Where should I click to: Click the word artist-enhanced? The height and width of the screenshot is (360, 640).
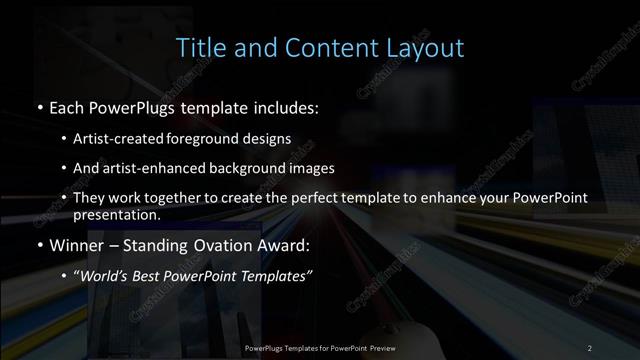coord(163,168)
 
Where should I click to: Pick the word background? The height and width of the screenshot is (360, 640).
coord(250,168)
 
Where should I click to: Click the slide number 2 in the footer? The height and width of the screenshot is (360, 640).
coord(590,347)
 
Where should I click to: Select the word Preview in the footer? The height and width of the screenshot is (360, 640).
coord(379,347)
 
